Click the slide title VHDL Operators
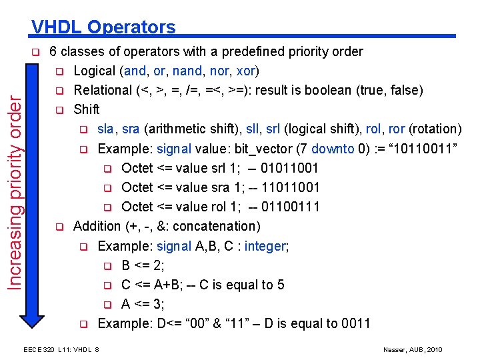103,27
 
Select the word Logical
95,71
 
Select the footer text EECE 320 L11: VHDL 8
61,350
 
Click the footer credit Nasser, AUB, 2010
413,350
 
